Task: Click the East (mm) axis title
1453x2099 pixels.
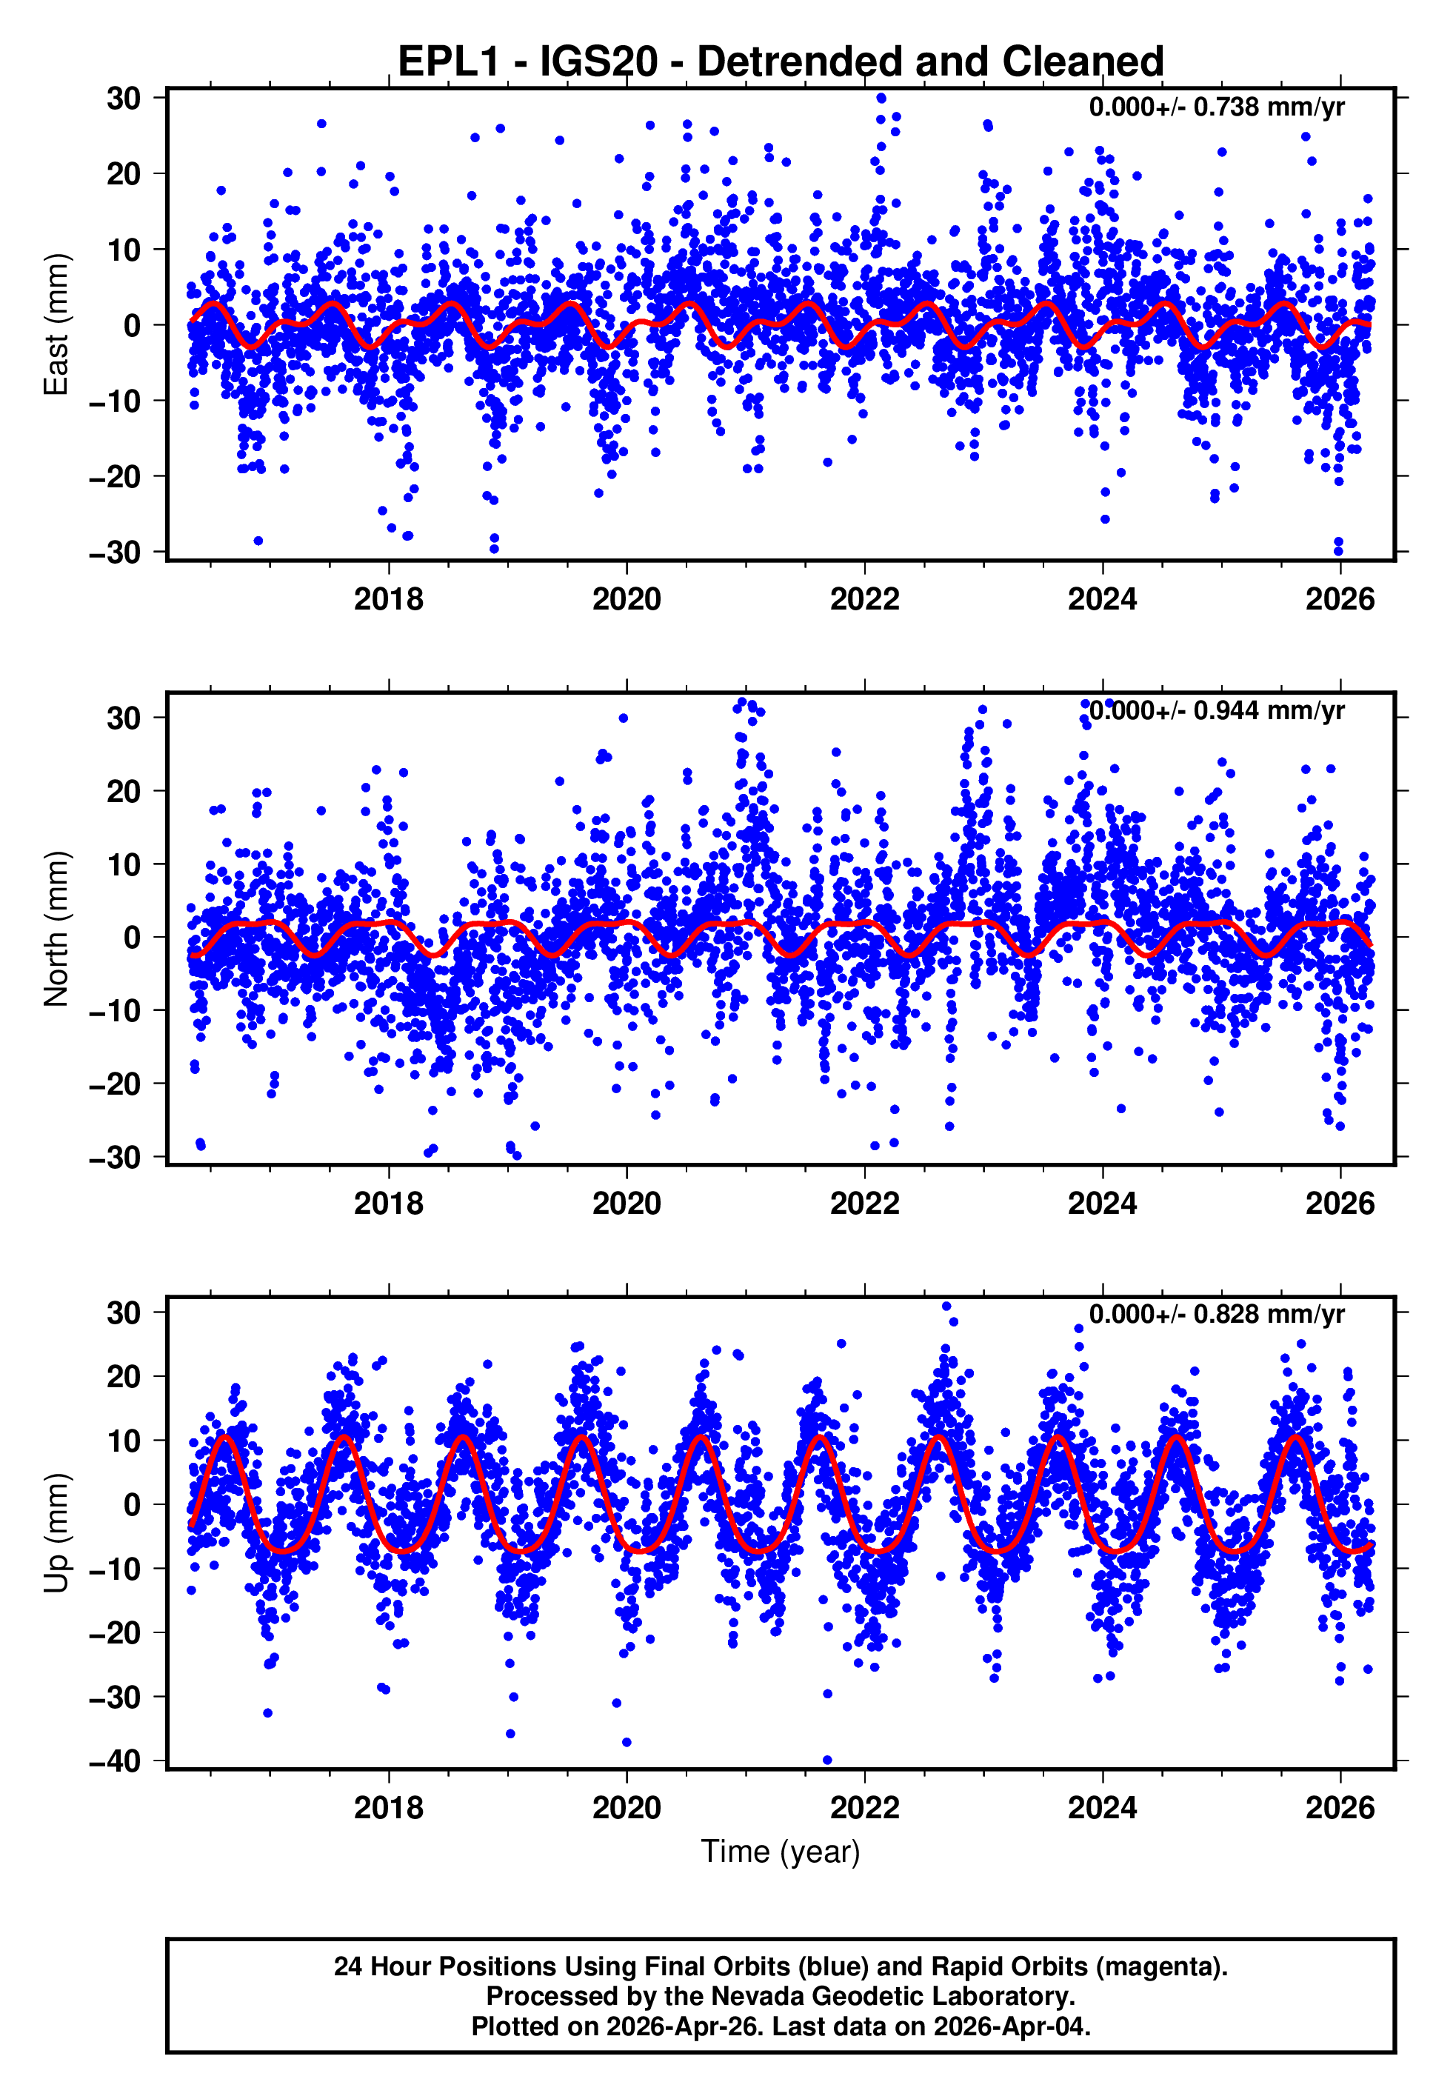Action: pos(56,325)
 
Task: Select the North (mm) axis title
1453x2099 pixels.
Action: pos(56,929)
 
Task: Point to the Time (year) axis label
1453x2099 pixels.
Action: pos(781,1852)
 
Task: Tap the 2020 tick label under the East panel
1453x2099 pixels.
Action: pos(627,600)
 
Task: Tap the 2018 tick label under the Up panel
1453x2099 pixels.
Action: pos(389,1808)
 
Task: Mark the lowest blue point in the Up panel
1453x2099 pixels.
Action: pos(826,1761)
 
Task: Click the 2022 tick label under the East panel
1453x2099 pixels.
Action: pos(864,600)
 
